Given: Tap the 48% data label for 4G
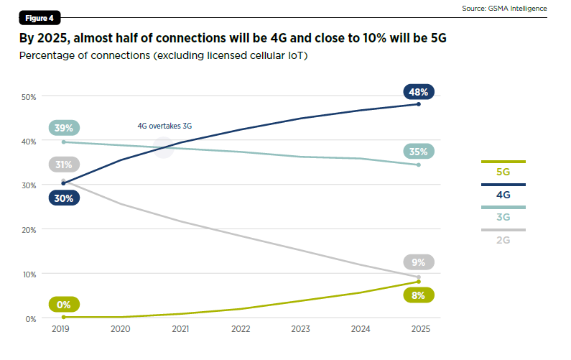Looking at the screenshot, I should click(419, 92).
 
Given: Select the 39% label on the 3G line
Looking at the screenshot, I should click(64, 128).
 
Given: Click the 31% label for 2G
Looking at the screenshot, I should click(64, 165).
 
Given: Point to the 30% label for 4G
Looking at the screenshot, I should click(64, 198).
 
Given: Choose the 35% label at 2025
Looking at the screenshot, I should click(419, 152).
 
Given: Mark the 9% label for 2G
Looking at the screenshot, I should click(419, 262).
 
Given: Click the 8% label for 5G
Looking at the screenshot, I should click(419, 295).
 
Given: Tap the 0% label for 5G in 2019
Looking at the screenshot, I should click(64, 305).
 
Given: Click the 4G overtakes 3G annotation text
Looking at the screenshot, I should click(164, 126).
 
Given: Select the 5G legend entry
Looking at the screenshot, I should click(503, 172).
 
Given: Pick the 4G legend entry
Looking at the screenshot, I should click(503, 195).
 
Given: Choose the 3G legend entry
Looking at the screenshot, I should click(503, 217).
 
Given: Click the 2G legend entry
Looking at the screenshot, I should click(503, 239).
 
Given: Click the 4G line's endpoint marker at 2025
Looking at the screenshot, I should click(419, 104).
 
